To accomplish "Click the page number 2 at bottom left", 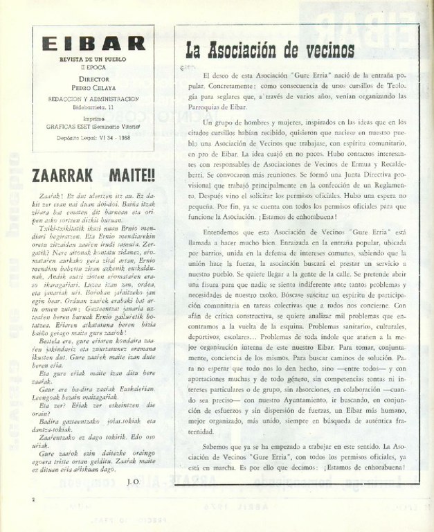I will [33, 498].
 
